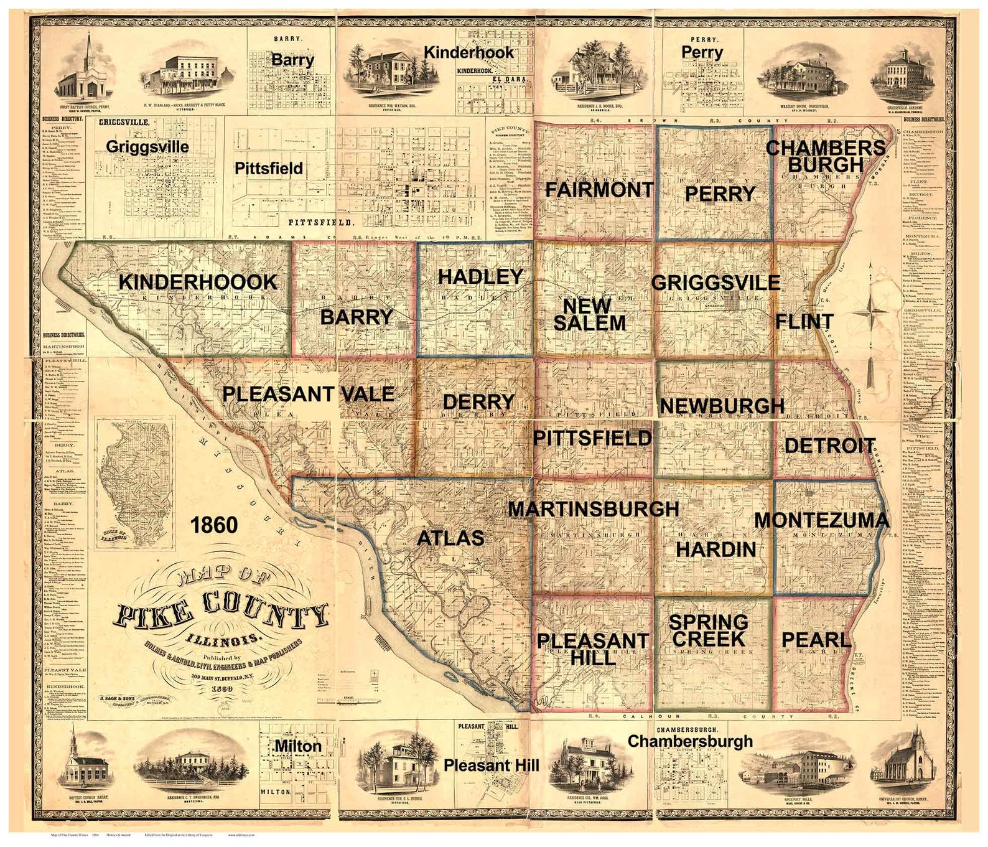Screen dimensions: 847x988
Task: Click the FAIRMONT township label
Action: tap(599, 189)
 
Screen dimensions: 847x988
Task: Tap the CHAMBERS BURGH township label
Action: tap(825, 156)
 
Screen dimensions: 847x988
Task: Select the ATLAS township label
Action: tap(450, 538)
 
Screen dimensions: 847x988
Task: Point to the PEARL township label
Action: tap(815, 639)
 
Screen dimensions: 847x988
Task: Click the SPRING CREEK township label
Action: tap(708, 630)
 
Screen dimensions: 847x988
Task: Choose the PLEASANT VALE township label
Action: tap(308, 393)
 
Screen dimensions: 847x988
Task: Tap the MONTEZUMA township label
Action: tap(821, 520)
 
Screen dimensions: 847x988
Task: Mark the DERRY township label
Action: tap(478, 401)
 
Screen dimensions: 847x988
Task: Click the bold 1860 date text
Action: tap(213, 525)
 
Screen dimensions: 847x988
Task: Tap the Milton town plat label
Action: tap(298, 745)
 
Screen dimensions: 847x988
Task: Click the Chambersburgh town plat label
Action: tap(690, 741)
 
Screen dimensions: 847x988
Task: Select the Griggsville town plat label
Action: tap(147, 147)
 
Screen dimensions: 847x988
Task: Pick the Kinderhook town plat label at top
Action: tap(468, 52)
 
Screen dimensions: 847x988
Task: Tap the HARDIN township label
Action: tap(716, 550)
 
